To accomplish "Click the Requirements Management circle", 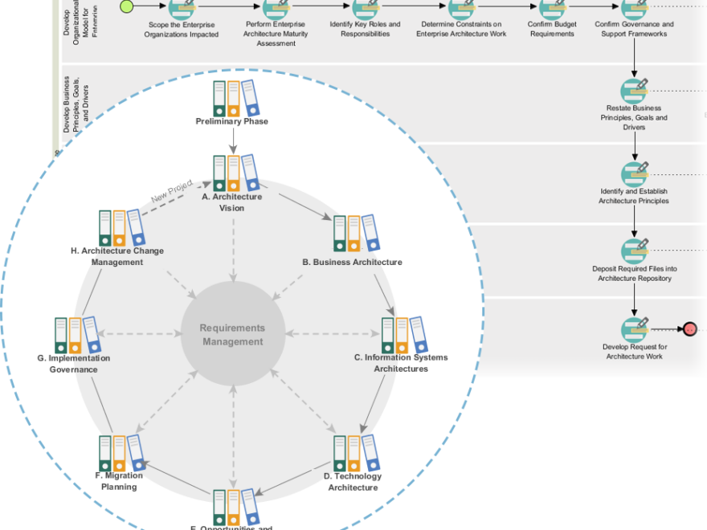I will pos(233,335).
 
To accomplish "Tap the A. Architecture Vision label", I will pos(232,202).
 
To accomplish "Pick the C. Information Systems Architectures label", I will pos(400,363).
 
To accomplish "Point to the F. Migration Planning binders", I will pos(121,454).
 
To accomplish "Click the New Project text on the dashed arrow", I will pos(171,190).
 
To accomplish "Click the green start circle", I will pos(126,7).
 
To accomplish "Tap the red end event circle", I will pos(689,329).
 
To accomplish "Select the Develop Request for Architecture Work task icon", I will pos(634,329).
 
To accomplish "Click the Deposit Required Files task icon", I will pos(634,251).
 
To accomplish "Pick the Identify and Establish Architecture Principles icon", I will pos(634,174).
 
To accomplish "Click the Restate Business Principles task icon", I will pos(634,91).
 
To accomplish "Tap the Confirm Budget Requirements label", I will pos(552,29).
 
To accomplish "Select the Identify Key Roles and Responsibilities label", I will pos(365,29).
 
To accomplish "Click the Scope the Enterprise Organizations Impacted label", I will pos(181,30).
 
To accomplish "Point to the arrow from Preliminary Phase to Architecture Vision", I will pos(232,141).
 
